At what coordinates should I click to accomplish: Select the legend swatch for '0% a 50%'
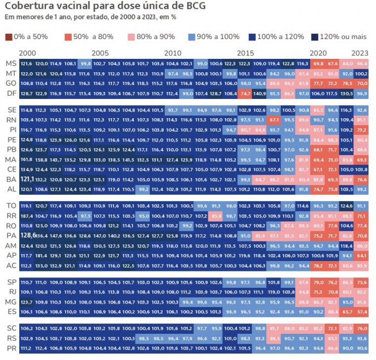click(8, 37)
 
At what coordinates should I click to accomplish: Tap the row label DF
click(10, 93)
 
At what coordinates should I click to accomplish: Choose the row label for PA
click(10, 236)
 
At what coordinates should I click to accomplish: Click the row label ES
click(10, 312)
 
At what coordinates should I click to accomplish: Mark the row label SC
click(10, 328)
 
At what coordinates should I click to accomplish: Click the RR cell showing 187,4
click(27, 216)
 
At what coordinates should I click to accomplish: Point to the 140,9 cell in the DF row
click(260, 93)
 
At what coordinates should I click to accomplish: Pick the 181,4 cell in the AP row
click(41, 256)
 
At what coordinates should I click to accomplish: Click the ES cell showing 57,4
click(362, 312)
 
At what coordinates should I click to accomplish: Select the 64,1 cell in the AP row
click(362, 256)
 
